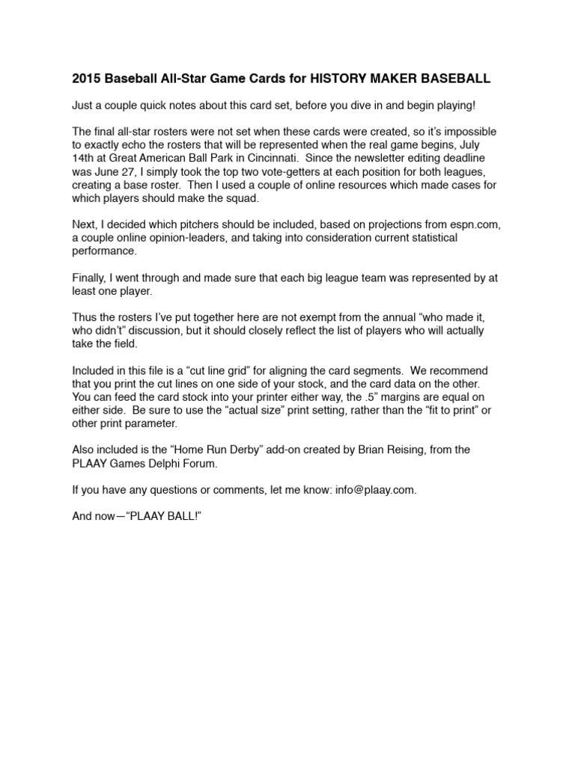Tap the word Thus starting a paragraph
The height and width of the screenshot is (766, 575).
(x=85, y=316)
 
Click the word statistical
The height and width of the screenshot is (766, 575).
(x=438, y=237)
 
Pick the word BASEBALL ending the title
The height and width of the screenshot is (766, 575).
(x=454, y=79)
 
